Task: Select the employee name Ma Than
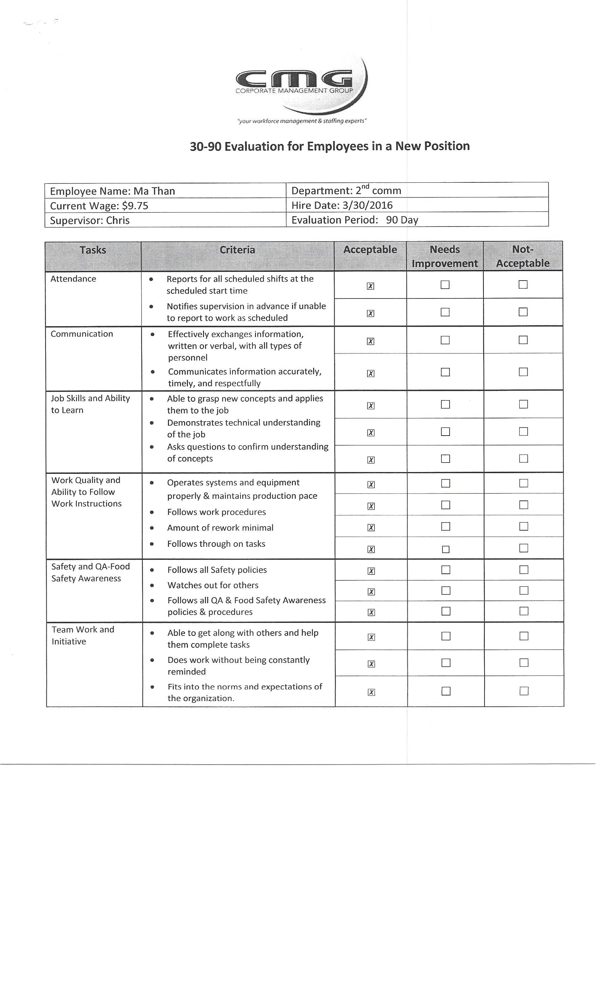[154, 191]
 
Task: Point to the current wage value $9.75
[135, 206]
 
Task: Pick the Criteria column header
[237, 250]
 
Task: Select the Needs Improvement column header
[445, 256]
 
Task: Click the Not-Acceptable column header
[523, 256]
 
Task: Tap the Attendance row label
[73, 279]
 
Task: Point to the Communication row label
[82, 334]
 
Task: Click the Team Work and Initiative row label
[83, 635]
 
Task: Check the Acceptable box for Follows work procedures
[371, 506]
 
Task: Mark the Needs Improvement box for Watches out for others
[446, 591]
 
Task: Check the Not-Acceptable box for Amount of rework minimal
[523, 526]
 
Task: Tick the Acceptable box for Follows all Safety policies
[371, 571]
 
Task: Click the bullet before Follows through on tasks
[152, 544]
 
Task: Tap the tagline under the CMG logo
[302, 121]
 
